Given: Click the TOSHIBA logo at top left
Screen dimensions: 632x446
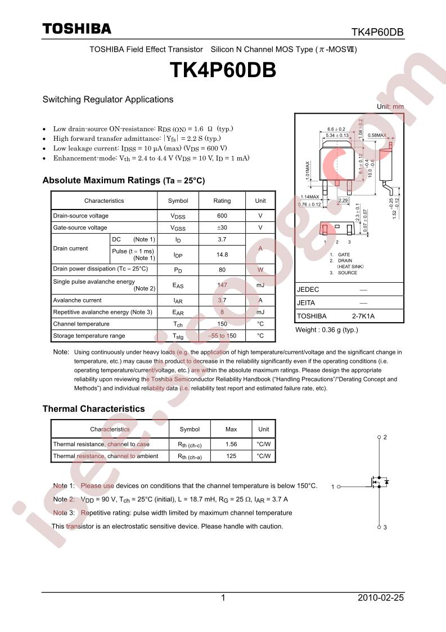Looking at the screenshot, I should tap(77, 29).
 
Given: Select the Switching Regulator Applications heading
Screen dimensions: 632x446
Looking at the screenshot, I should tap(108, 100).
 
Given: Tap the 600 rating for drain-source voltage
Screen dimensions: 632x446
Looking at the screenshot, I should tap(222, 216).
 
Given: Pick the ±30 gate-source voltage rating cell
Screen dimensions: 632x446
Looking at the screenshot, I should tap(222, 228).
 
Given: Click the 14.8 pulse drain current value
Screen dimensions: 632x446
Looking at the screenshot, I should tap(222, 255).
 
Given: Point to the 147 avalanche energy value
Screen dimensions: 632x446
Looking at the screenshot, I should tap(222, 286).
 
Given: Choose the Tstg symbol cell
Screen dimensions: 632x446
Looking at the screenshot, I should tap(178, 336).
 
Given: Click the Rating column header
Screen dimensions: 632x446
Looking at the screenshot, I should tap(222, 201).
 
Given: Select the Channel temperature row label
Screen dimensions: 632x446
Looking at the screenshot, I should tap(81, 324).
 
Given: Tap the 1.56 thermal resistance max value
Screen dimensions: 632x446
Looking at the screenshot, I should tap(231, 444).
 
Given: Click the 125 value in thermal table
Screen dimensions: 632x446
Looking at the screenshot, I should tap(231, 456).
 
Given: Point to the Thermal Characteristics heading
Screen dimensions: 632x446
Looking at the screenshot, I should tap(93, 409).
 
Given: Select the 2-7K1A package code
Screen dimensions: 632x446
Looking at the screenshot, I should tap(363, 316).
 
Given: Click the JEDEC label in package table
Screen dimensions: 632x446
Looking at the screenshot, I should tap(308, 290).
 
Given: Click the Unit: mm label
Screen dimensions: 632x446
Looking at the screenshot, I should tap(390, 106).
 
